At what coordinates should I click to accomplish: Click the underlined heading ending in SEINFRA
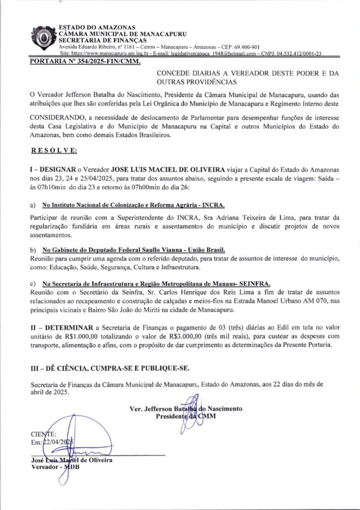click(156, 283)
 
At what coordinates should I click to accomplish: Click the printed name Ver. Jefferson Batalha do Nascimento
click(185, 409)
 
